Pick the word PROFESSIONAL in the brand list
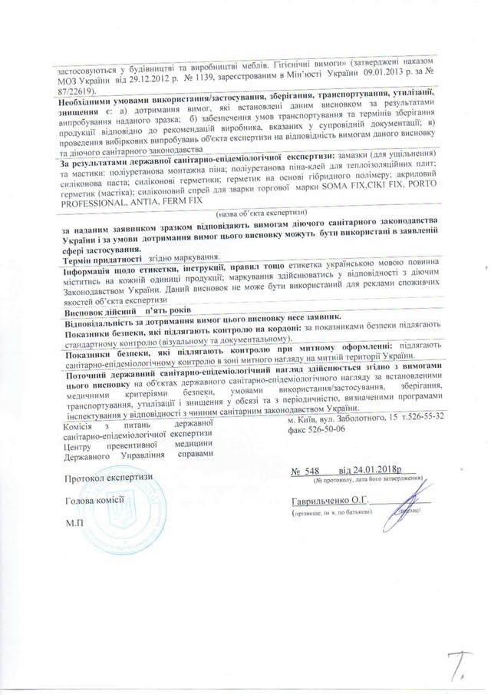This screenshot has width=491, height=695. [x=95, y=200]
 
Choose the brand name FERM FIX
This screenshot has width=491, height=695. [x=187, y=200]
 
